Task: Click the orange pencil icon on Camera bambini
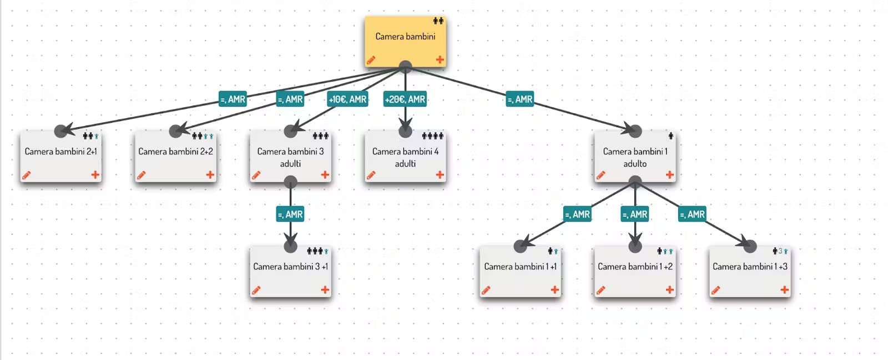tap(371, 60)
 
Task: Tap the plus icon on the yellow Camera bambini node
tap(440, 59)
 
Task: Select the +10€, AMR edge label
tap(347, 99)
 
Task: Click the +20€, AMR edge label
tap(405, 99)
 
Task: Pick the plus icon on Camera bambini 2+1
tap(95, 174)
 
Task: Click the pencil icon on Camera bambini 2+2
tap(142, 175)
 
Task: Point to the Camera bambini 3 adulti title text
tap(290, 157)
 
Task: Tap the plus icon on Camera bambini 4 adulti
tap(440, 174)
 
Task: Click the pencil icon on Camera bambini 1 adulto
tap(601, 175)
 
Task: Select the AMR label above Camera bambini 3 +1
tap(290, 214)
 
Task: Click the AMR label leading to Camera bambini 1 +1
tap(577, 214)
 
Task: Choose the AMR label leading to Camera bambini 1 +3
tap(693, 214)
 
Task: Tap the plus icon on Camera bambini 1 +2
tap(670, 289)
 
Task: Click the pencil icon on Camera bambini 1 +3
tap(716, 290)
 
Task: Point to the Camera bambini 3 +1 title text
tap(290, 267)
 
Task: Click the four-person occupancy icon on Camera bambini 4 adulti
tap(432, 136)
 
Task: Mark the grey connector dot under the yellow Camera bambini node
tap(405, 67)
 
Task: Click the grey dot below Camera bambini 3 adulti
tap(290, 182)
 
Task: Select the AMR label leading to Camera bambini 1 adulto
tap(520, 99)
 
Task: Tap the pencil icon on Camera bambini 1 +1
tap(486, 290)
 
